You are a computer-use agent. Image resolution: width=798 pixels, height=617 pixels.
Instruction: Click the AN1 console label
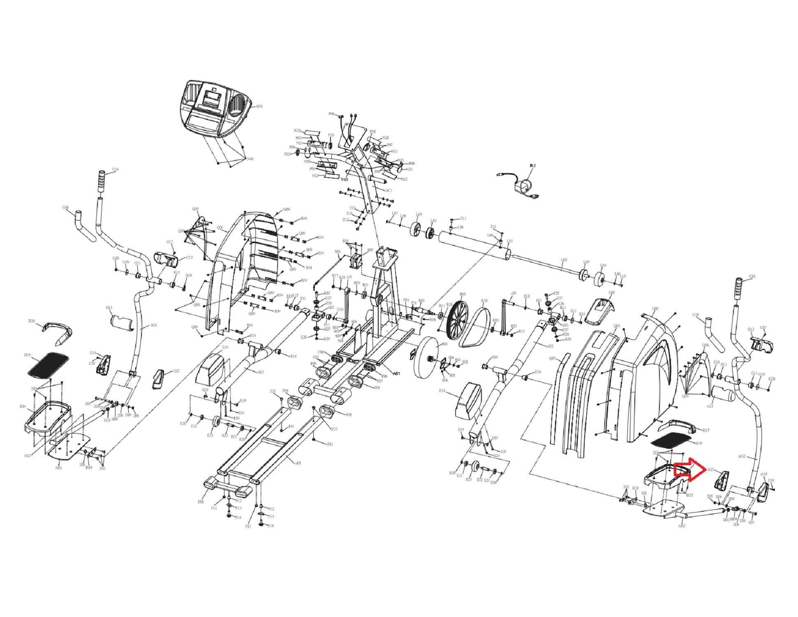tap(259, 106)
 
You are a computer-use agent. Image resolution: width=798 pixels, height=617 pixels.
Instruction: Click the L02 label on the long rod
tap(564, 260)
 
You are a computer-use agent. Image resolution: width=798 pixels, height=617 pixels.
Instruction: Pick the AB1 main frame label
tap(396, 373)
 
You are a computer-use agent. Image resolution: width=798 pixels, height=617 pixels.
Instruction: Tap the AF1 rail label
tap(298, 463)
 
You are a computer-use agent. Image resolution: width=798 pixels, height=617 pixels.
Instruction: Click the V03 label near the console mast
tap(345, 179)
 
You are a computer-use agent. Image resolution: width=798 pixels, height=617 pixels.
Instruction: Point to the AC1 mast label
tap(389, 190)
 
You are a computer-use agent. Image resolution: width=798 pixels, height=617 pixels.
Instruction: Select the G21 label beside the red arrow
tap(712, 469)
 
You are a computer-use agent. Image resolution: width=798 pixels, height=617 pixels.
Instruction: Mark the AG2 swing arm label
tap(742, 457)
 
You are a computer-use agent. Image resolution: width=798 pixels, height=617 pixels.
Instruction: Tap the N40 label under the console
tap(250, 159)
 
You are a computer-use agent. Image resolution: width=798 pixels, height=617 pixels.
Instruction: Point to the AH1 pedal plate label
tap(58, 468)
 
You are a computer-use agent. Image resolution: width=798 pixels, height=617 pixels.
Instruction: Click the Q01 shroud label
tap(220, 227)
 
